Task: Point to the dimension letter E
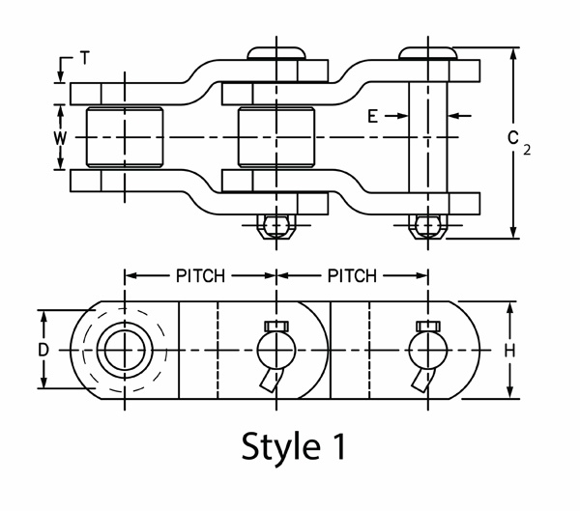click(x=372, y=116)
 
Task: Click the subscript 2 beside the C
click(x=529, y=150)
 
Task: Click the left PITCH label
click(x=200, y=276)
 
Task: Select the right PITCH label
click(x=353, y=276)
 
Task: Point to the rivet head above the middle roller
click(x=276, y=51)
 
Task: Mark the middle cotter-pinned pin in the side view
click(x=276, y=348)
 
